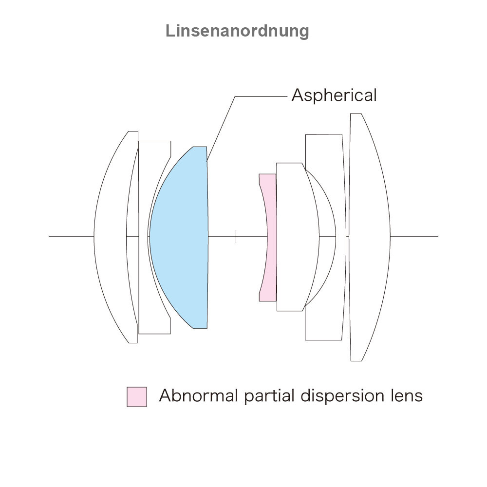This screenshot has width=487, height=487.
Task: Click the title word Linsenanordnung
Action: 237,31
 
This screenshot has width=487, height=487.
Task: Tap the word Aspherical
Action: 334,95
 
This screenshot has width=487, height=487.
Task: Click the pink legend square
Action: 137,397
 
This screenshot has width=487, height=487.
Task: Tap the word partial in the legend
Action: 268,395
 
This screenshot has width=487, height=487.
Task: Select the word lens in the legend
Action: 405,395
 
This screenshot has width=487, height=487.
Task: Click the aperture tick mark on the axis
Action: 236,236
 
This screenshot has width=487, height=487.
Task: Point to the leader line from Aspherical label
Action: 222,127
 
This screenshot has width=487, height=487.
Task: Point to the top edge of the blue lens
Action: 200,147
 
